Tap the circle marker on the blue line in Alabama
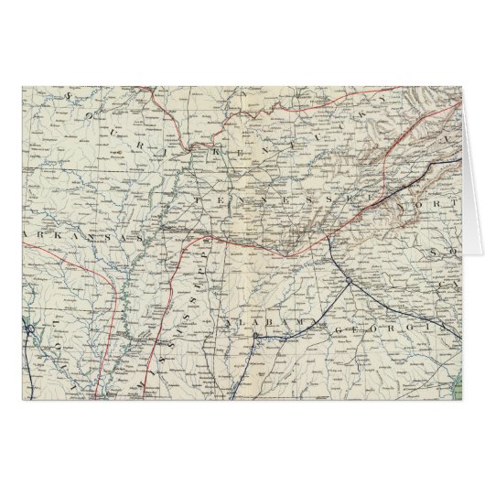tap(254, 336)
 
